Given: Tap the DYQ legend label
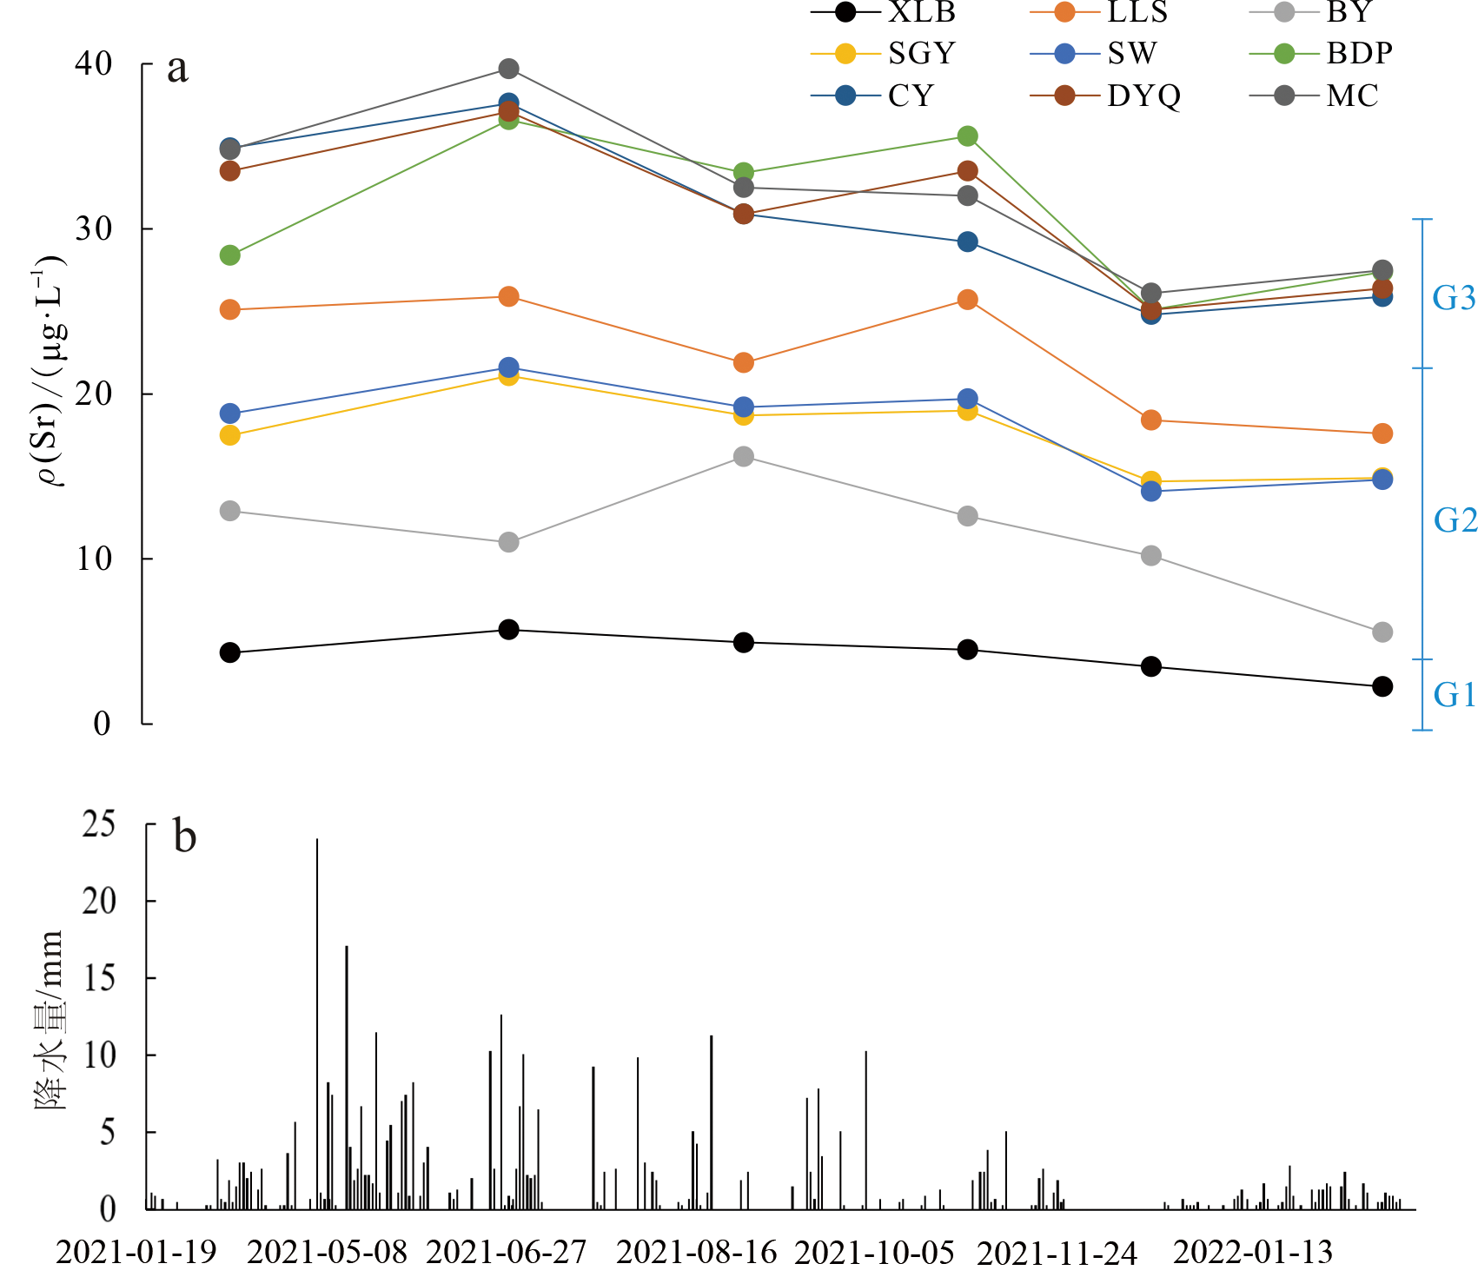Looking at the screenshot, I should (x=1143, y=96).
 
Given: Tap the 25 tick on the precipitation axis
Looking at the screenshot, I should (x=99, y=824).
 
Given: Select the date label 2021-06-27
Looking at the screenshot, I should (x=507, y=1252).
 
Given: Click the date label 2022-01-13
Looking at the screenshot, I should (x=1252, y=1252).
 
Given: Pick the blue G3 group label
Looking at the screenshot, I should (x=1454, y=298).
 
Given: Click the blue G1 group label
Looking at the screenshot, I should (x=1454, y=694).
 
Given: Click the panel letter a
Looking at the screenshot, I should (x=177, y=68).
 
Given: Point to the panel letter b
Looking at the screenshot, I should (x=185, y=836).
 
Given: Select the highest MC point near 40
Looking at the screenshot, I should (x=509, y=69).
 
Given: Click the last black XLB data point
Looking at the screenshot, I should (x=1382, y=686).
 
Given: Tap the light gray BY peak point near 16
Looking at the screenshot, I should (x=744, y=457).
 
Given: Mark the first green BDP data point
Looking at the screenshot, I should (x=230, y=255).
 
